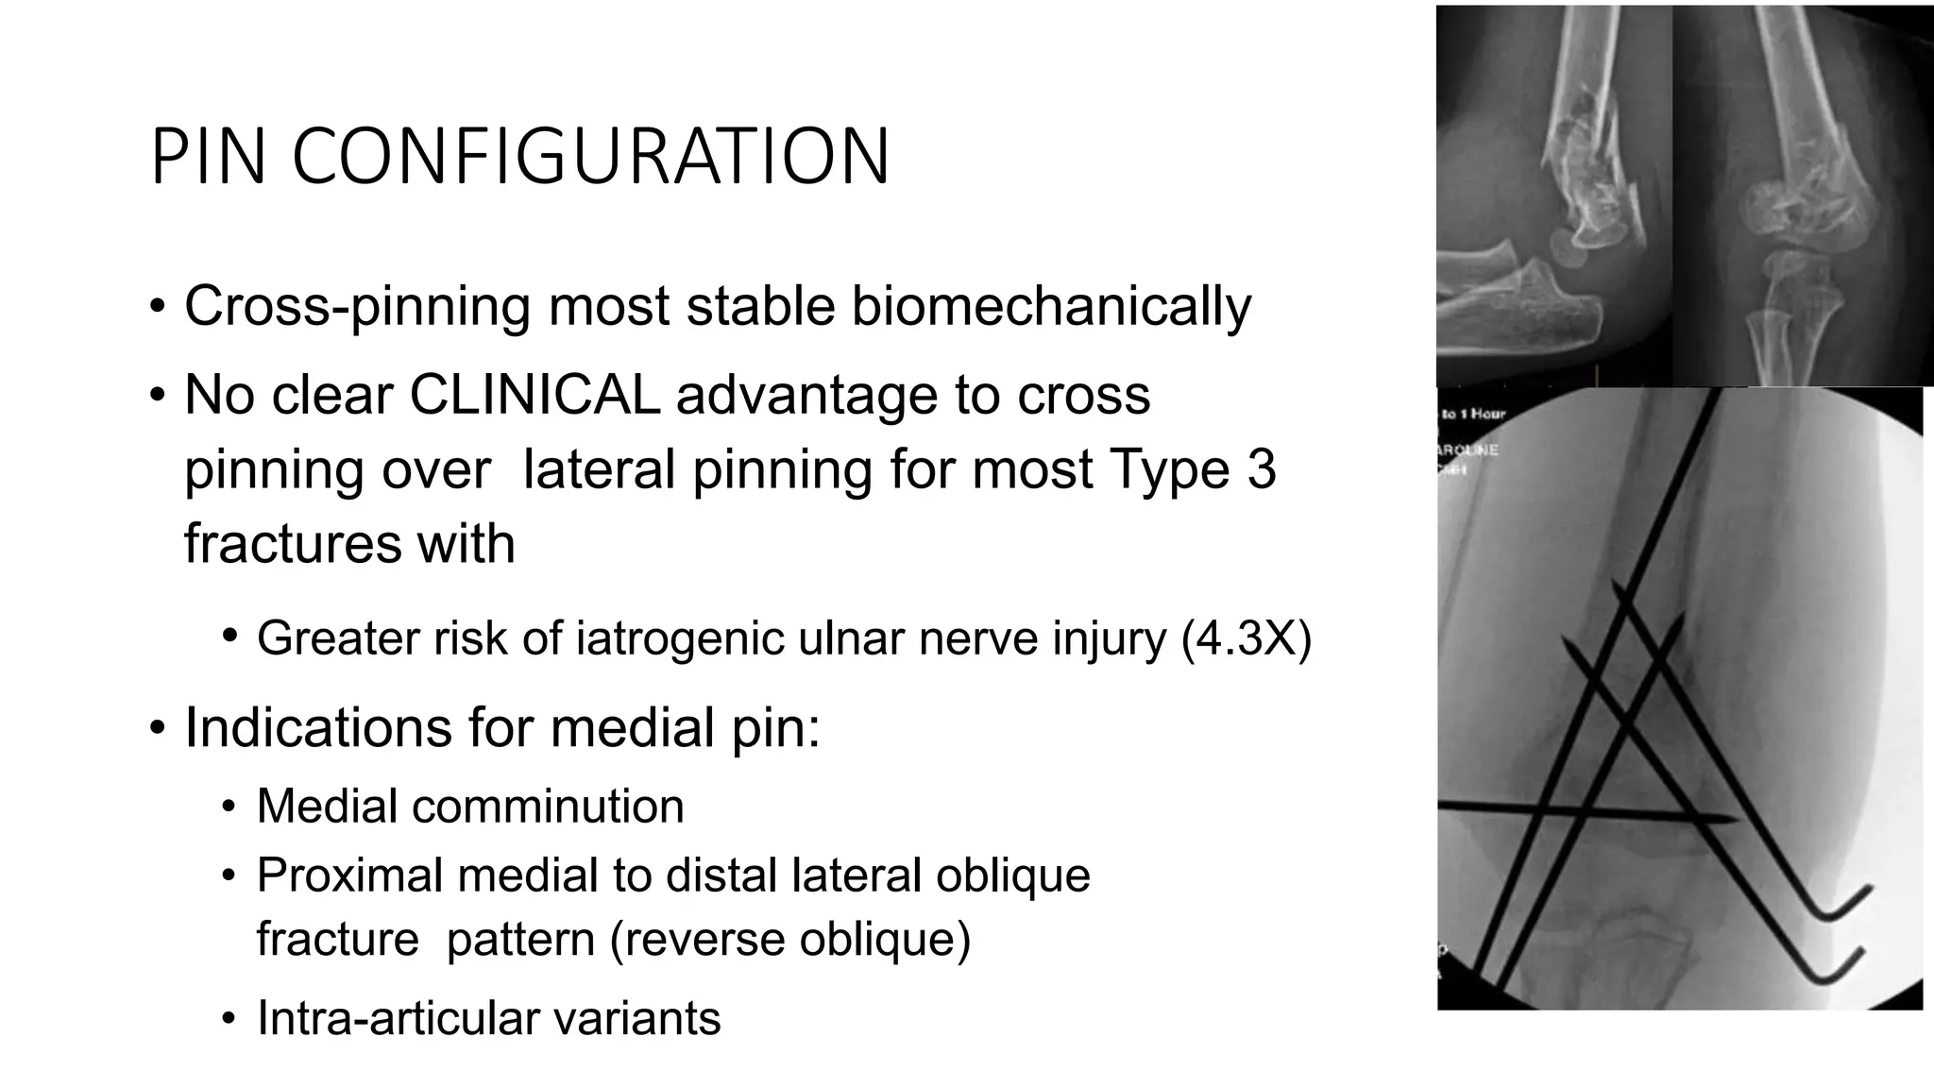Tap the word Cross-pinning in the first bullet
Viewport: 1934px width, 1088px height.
click(358, 307)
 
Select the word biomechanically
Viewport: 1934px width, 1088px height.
click(1051, 307)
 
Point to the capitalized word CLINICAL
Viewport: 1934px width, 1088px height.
click(534, 395)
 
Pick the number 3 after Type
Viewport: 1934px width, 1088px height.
click(1261, 469)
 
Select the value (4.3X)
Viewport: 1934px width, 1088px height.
click(1247, 639)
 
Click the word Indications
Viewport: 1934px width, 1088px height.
click(358, 728)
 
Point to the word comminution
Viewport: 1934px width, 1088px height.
click(548, 807)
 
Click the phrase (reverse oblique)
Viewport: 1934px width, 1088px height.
click(790, 940)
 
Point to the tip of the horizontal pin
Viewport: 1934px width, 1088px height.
click(1735, 819)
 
